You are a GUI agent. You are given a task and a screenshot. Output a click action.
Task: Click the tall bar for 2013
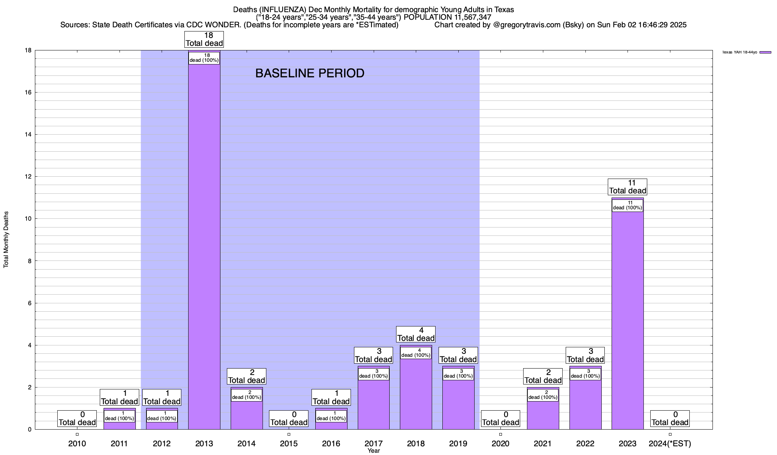[x=204, y=246]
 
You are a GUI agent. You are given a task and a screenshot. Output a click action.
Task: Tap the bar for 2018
[x=416, y=394]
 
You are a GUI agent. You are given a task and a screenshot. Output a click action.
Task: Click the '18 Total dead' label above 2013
[x=204, y=39]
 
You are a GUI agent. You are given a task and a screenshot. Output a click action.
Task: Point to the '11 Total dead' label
[x=628, y=187]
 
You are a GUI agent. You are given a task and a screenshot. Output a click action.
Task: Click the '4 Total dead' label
[x=416, y=334]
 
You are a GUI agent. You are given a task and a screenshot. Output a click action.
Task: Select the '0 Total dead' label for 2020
[x=500, y=419]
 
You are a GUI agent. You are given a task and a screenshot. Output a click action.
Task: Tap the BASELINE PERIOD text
[x=310, y=73]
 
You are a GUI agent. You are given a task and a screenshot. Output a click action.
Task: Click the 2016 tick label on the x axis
[x=331, y=444]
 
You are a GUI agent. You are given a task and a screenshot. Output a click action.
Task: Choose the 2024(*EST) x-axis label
[x=670, y=444]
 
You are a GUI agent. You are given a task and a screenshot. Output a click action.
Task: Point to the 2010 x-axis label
[x=77, y=444]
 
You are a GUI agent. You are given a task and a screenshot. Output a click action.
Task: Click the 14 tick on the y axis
[x=29, y=135]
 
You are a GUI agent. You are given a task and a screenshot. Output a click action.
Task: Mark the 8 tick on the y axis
[x=30, y=261]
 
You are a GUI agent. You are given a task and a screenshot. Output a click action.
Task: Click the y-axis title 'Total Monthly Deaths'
[x=6, y=240]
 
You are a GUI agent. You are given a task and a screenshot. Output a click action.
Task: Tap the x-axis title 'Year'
[x=374, y=451]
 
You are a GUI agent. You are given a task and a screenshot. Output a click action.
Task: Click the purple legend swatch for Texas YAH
[x=765, y=52]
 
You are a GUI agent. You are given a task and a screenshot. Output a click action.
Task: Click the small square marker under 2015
[x=289, y=435]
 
